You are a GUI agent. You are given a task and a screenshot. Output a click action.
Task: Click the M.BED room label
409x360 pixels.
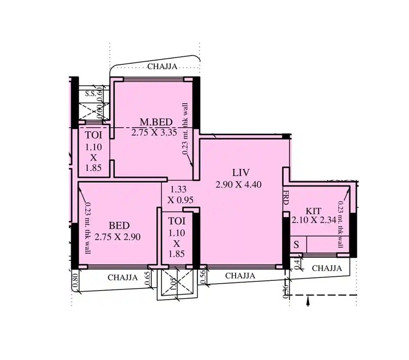(156, 122)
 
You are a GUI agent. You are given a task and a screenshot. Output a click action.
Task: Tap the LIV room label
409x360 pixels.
(238, 173)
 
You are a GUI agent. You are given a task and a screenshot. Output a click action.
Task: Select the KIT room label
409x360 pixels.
(313, 211)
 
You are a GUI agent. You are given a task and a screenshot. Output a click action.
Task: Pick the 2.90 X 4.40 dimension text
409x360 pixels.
(239, 184)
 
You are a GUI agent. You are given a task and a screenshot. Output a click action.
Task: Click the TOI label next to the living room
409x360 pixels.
(177, 222)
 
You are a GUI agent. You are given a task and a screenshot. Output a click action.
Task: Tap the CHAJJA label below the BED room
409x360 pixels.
(123, 278)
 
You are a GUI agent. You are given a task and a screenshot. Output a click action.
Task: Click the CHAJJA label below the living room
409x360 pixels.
(240, 276)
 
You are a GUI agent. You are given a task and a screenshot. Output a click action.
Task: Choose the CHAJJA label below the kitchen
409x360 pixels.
(327, 268)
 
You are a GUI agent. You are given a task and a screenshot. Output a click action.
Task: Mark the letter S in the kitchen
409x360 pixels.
(296, 244)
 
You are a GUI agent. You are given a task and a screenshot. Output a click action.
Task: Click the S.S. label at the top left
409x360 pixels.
(90, 93)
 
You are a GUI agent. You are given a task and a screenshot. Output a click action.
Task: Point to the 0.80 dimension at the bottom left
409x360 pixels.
(76, 281)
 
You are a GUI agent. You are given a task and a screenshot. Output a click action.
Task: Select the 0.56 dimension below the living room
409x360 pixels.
(202, 276)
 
